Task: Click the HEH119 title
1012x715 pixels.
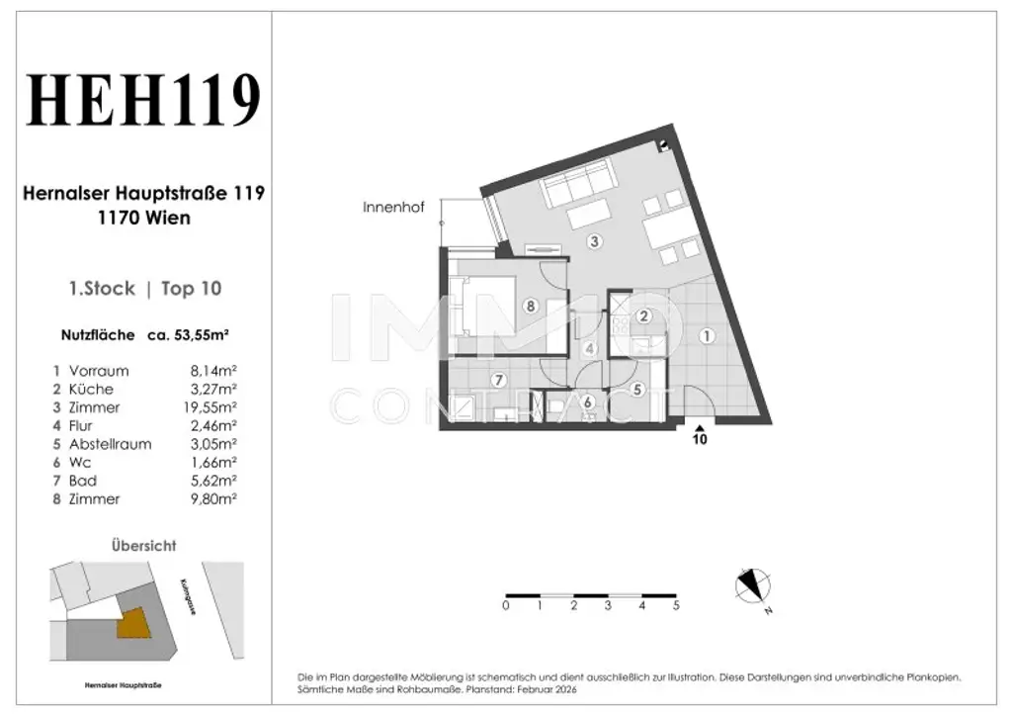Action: pyautogui.click(x=143, y=100)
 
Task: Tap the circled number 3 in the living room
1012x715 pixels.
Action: pyautogui.click(x=594, y=241)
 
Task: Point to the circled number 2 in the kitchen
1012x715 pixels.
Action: pyautogui.click(x=644, y=316)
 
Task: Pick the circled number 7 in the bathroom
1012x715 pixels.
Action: pyautogui.click(x=500, y=380)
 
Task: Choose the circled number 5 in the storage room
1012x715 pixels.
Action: pyautogui.click(x=637, y=390)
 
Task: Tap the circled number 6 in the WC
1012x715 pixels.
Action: pyautogui.click(x=587, y=402)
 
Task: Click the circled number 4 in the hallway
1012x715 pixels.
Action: pyautogui.click(x=589, y=348)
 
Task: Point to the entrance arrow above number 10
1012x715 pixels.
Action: pyautogui.click(x=700, y=427)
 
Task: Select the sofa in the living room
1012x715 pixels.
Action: pyautogui.click(x=577, y=182)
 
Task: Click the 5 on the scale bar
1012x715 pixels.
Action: pyautogui.click(x=676, y=606)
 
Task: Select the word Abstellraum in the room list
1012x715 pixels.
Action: pyautogui.click(x=111, y=444)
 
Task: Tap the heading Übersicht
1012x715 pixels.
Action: pyautogui.click(x=143, y=545)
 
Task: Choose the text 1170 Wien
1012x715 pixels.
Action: pyautogui.click(x=143, y=219)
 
